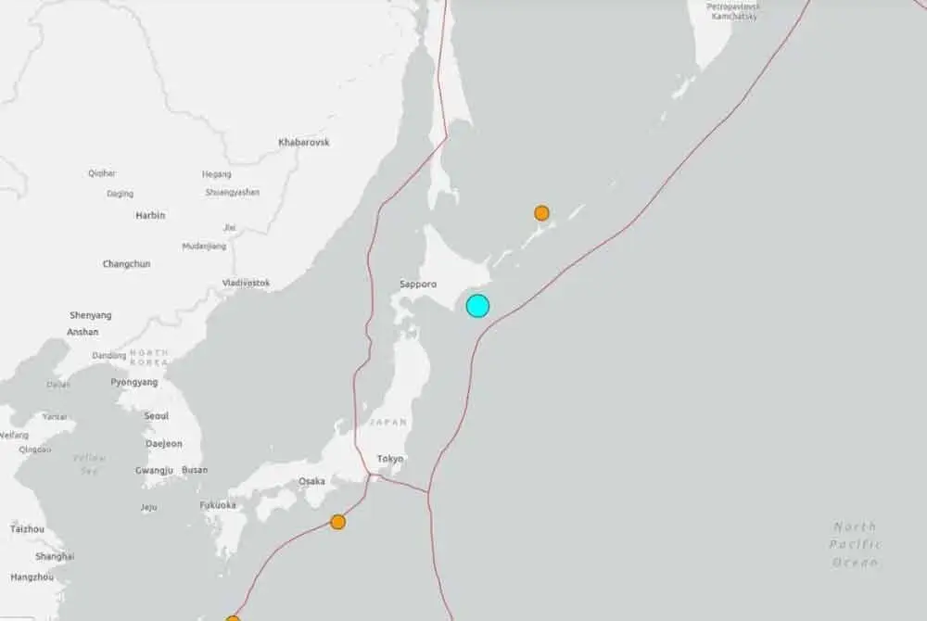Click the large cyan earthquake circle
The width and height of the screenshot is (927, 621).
click(x=477, y=306)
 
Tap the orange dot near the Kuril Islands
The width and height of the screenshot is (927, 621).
click(x=541, y=213)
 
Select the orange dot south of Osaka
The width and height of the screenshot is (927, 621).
click(x=338, y=522)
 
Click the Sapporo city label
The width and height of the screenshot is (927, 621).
click(x=418, y=285)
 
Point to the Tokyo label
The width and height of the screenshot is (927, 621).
click(x=389, y=459)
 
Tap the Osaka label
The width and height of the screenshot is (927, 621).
click(x=311, y=481)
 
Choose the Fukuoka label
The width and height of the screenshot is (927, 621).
click(x=218, y=505)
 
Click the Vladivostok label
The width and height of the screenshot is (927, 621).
click(x=247, y=283)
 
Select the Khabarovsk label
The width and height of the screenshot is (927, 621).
click(x=304, y=143)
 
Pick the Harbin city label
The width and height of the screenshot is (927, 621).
click(x=150, y=215)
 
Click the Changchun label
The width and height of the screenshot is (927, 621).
click(x=126, y=264)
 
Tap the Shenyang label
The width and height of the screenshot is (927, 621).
click(x=90, y=315)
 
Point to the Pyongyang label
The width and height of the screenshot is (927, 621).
click(x=134, y=382)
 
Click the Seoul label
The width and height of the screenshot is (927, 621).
click(x=157, y=416)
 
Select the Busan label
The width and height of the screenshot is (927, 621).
click(x=195, y=470)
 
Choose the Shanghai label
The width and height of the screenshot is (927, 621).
click(x=55, y=556)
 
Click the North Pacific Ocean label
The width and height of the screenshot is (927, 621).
click(x=855, y=544)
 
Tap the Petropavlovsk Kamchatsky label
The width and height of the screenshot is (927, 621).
click(x=732, y=11)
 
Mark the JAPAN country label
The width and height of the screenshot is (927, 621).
click(x=387, y=422)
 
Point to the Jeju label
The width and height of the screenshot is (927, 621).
click(x=148, y=507)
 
